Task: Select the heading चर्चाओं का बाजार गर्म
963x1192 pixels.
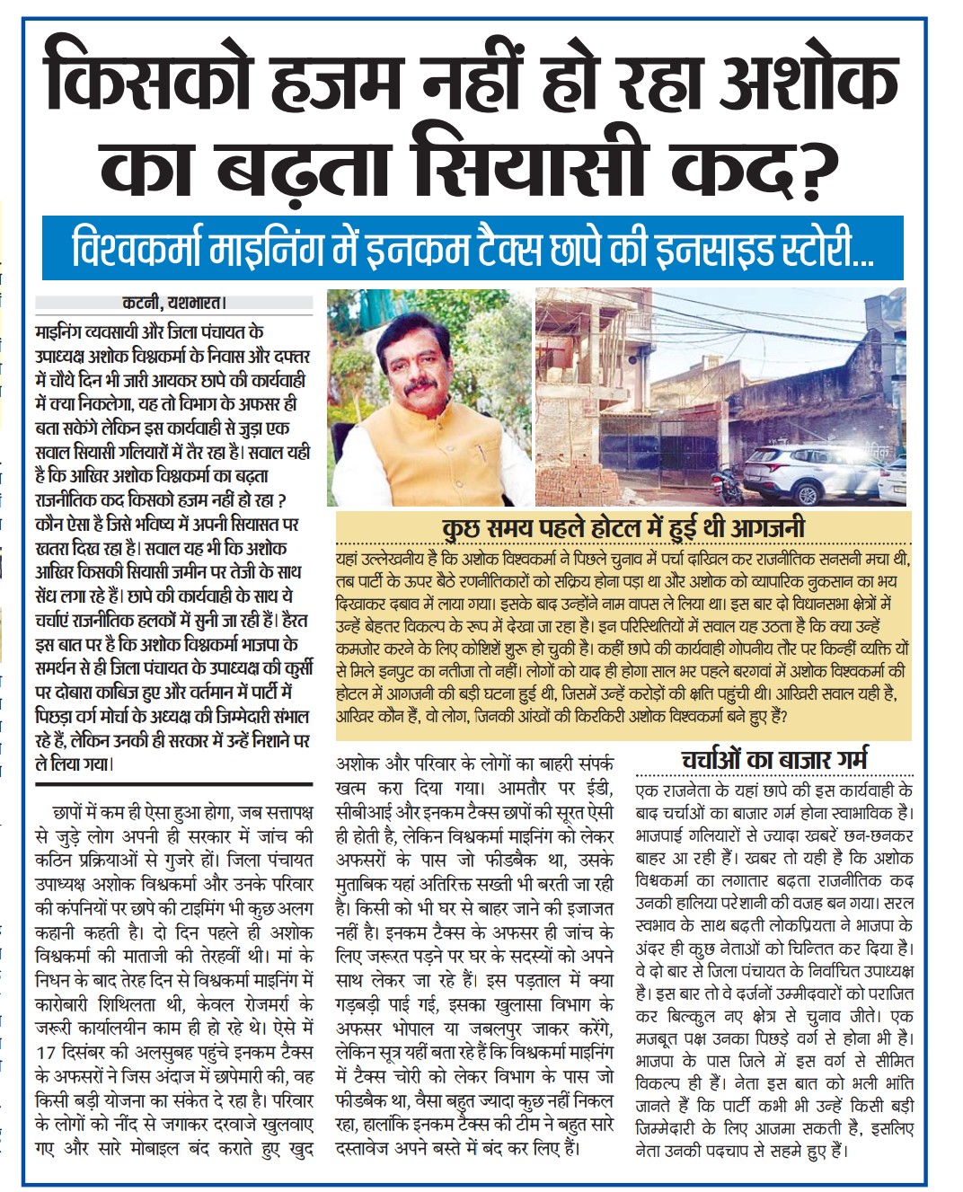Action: pyautogui.click(x=774, y=760)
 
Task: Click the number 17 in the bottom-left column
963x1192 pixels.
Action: pyautogui.click(x=47, y=1052)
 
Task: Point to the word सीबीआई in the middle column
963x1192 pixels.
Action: pyautogui.click(x=365, y=812)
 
